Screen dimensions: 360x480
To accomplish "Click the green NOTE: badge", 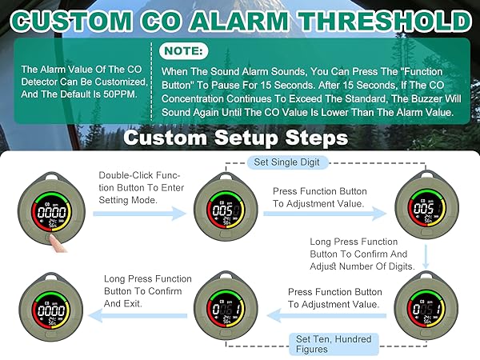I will (x=185, y=51).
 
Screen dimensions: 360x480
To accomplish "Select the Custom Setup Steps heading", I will (x=235, y=139).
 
